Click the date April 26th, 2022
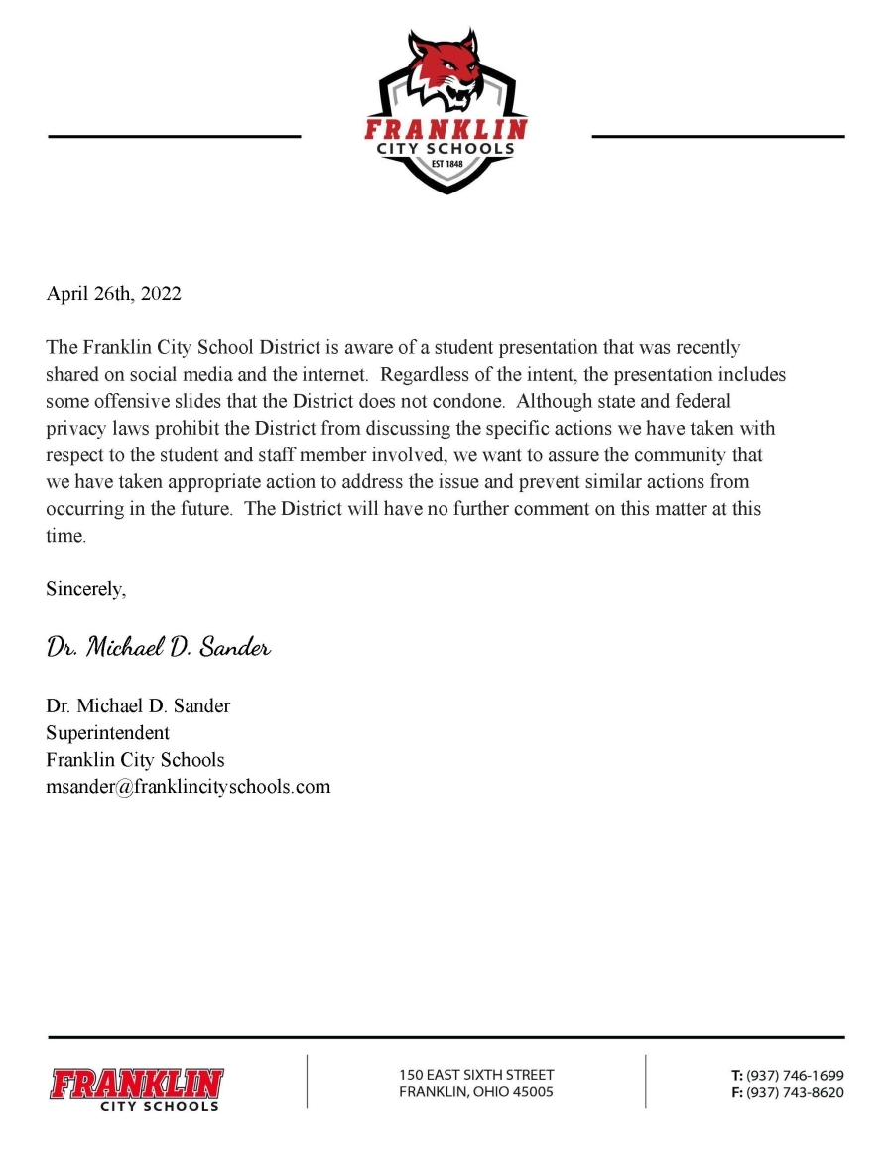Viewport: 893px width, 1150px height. pyautogui.click(x=114, y=294)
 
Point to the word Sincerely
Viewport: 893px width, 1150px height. pyautogui.click(x=86, y=589)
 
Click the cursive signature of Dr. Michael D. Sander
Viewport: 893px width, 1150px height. pyautogui.click(x=159, y=648)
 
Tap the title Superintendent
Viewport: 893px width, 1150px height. pyautogui.click(x=107, y=733)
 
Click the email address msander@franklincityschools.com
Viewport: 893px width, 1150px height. pyautogui.click(x=188, y=787)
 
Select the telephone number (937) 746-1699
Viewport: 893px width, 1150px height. pyautogui.click(x=795, y=1075)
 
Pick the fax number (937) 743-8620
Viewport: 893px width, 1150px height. pyautogui.click(x=795, y=1092)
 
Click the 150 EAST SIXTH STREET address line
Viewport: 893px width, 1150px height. pyautogui.click(x=476, y=1075)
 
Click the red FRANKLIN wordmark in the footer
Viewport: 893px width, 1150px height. pyautogui.click(x=138, y=1083)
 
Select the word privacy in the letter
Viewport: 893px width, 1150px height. pyautogui.click(x=73, y=429)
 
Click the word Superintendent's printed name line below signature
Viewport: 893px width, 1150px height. pyautogui.click(x=138, y=706)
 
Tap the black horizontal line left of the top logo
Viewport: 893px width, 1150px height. pyautogui.click(x=174, y=136)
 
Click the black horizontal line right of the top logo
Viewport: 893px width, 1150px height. pyautogui.click(x=718, y=136)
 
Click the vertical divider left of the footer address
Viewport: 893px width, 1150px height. pyautogui.click(x=307, y=1081)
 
